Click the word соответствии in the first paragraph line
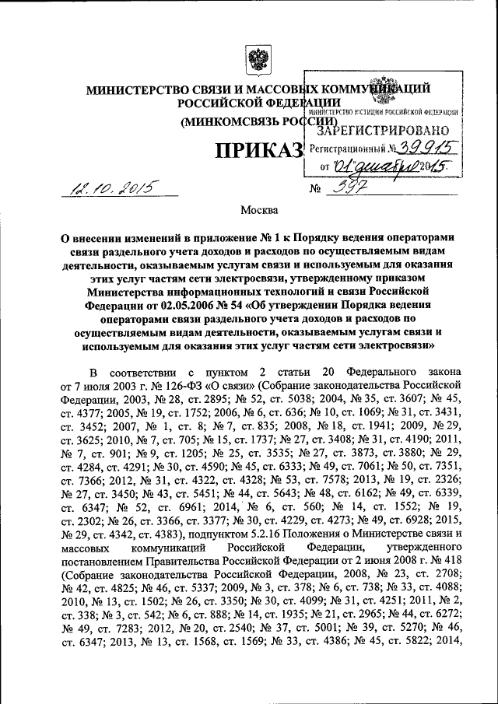pyautogui.click(x=153, y=371)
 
